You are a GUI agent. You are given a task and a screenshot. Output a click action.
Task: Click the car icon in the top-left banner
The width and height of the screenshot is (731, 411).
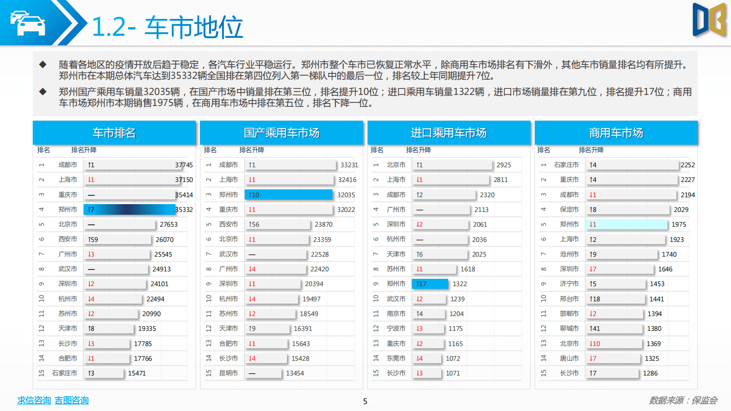(x=28, y=23)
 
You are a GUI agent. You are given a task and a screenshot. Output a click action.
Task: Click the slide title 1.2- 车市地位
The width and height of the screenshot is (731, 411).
(x=167, y=27)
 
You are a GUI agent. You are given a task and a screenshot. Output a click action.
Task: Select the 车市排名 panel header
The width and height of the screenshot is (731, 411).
(x=114, y=133)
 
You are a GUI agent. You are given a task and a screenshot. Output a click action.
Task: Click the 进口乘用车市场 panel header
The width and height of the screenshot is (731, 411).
(x=449, y=133)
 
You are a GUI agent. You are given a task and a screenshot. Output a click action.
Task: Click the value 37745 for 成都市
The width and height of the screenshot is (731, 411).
(x=184, y=165)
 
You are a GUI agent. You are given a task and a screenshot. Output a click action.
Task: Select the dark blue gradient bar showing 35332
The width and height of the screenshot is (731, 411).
(x=129, y=210)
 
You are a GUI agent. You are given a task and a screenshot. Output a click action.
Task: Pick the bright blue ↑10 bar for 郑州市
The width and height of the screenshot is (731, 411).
(x=288, y=195)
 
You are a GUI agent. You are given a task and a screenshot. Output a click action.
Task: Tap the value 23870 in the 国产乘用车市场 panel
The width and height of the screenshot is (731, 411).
(x=323, y=224)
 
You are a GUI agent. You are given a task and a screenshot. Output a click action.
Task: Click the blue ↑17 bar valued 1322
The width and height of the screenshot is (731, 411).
(x=430, y=284)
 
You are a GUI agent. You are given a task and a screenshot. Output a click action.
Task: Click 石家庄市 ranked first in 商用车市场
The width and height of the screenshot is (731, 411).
(x=566, y=165)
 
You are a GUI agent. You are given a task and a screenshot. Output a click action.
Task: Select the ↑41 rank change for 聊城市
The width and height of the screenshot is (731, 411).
(x=595, y=329)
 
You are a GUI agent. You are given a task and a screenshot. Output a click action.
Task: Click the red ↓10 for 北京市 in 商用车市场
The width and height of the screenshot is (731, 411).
(x=595, y=344)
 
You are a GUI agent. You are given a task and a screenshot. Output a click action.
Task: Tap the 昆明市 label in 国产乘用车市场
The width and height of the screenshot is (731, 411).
(x=228, y=373)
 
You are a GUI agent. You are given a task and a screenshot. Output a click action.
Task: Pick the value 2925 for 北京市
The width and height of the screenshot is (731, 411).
(x=503, y=165)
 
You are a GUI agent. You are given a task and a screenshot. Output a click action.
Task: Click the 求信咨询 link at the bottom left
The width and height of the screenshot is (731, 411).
(x=34, y=400)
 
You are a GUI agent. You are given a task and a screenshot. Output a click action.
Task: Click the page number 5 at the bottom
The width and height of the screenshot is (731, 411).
(x=365, y=401)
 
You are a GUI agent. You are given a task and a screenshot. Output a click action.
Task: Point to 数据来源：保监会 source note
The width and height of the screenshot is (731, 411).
(x=683, y=400)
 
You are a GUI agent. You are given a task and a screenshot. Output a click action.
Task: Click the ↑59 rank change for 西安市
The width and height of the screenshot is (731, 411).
(x=93, y=240)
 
